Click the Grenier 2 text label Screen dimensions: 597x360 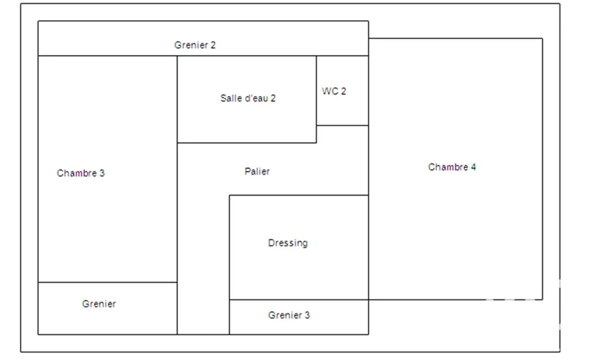coord(195,45)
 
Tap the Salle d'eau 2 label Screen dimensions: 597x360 coord(248,98)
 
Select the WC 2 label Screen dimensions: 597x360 coord(334,91)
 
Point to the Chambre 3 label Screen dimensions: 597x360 coord(81,173)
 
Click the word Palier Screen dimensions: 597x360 coord(257,171)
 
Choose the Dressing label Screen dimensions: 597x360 coord(288,243)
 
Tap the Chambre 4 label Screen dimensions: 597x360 coord(452,167)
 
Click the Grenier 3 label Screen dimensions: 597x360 coord(289,315)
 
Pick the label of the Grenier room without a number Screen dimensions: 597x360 coord(99,304)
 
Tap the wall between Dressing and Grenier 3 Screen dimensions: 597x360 coord(299,299)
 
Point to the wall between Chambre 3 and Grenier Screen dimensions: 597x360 coord(108,282)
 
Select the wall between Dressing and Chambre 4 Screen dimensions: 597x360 coord(369,247)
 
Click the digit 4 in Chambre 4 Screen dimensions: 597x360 coord(473,167)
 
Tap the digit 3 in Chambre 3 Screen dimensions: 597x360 coord(102,173)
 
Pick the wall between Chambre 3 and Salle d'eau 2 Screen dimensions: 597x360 coord(177,100)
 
